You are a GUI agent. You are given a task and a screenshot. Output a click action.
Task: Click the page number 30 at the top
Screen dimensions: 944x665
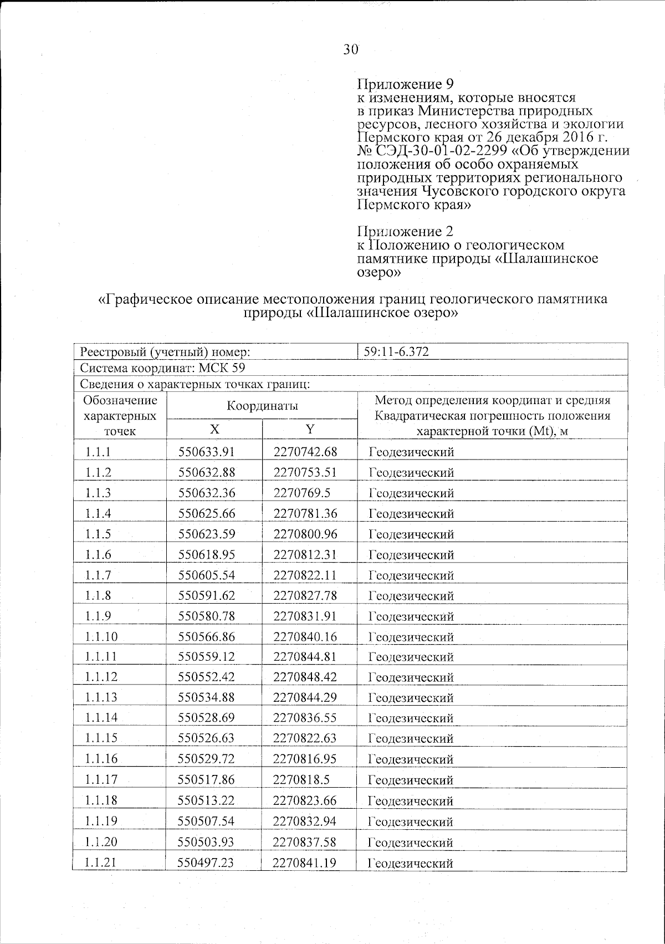351,50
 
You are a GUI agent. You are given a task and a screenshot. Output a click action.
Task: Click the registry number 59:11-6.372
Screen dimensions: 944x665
396,351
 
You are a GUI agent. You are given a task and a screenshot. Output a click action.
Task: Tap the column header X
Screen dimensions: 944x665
214,428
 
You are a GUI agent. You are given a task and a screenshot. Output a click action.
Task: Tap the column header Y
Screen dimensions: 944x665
310,428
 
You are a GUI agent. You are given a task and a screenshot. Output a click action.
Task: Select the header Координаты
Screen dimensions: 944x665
262,405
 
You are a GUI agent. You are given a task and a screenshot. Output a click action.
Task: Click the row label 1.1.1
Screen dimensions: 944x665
98,452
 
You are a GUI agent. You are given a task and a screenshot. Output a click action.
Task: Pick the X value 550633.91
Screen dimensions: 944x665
207,452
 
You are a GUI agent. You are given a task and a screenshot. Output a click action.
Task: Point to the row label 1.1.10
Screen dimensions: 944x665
101,636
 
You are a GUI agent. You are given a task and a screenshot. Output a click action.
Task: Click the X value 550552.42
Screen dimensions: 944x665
207,677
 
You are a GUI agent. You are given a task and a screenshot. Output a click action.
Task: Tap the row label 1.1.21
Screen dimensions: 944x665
101,863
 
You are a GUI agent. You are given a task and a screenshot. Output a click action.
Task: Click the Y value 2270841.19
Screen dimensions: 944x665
305,863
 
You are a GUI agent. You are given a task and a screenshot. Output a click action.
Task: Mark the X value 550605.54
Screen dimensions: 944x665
207,575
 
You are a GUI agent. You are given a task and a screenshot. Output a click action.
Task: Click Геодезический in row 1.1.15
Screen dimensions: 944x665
411,738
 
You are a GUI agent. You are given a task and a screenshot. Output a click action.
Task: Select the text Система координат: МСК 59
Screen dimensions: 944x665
162,368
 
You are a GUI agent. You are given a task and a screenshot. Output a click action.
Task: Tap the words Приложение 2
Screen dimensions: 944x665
405,231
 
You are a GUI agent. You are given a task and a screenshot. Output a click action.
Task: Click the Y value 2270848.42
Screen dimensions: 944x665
305,677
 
